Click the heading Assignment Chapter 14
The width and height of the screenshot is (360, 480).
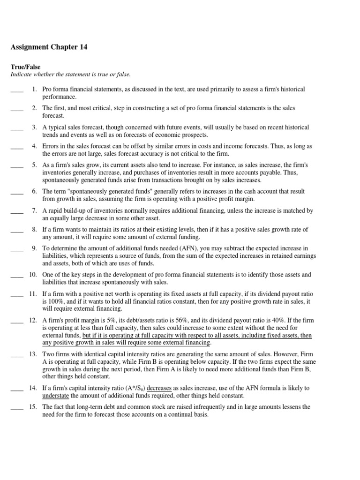coord(49,47)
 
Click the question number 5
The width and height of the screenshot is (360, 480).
coord(34,165)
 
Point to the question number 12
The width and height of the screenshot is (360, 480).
coord(33,320)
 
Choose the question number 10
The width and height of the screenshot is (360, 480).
coord(33,275)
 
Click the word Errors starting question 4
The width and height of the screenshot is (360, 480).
coord(51,146)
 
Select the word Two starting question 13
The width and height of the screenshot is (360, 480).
coord(48,354)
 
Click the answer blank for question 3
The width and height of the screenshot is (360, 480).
coord(17,127)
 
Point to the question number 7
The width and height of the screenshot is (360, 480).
coord(34,211)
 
